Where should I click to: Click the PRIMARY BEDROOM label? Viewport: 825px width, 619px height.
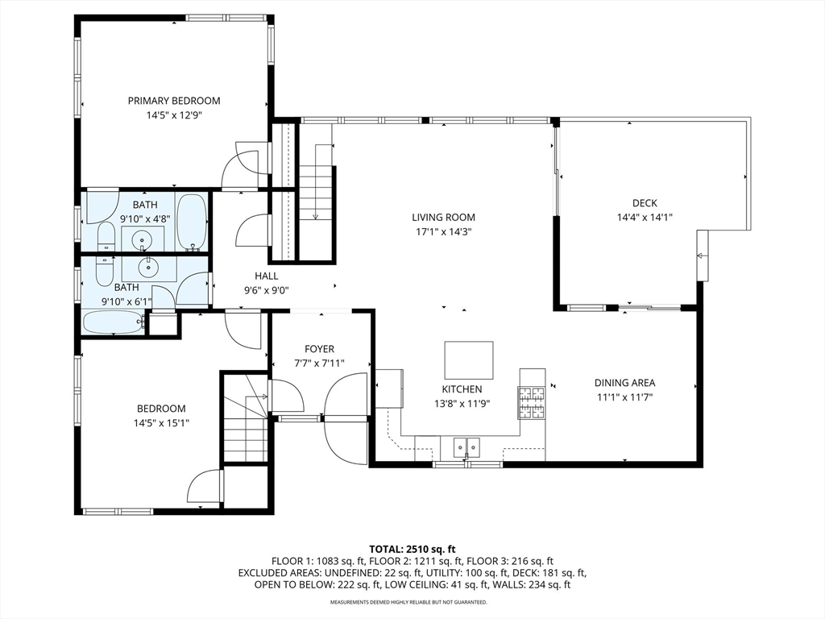tap(174, 101)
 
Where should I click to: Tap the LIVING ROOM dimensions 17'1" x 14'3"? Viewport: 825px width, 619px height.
tap(444, 231)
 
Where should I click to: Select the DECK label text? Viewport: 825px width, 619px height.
tap(645, 202)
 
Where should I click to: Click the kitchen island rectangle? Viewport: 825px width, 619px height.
tap(469, 360)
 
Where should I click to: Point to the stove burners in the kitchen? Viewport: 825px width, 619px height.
tap(532, 403)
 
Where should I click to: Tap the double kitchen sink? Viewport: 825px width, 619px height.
tap(466, 447)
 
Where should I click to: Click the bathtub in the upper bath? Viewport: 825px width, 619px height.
tap(191, 222)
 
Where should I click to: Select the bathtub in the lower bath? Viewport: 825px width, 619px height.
tap(113, 322)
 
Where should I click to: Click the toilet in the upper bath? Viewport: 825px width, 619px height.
tap(106, 237)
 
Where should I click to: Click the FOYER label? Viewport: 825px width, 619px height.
tap(319, 349)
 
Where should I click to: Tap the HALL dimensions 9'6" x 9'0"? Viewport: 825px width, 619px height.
tap(266, 290)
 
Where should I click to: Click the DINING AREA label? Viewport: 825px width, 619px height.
tap(625, 383)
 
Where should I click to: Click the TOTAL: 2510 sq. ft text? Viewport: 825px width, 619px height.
tap(412, 550)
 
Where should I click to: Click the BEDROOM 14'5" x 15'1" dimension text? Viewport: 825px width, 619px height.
tap(161, 422)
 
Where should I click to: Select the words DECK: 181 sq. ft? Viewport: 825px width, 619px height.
tap(551, 573)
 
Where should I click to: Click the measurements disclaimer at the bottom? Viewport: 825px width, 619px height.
tap(408, 601)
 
